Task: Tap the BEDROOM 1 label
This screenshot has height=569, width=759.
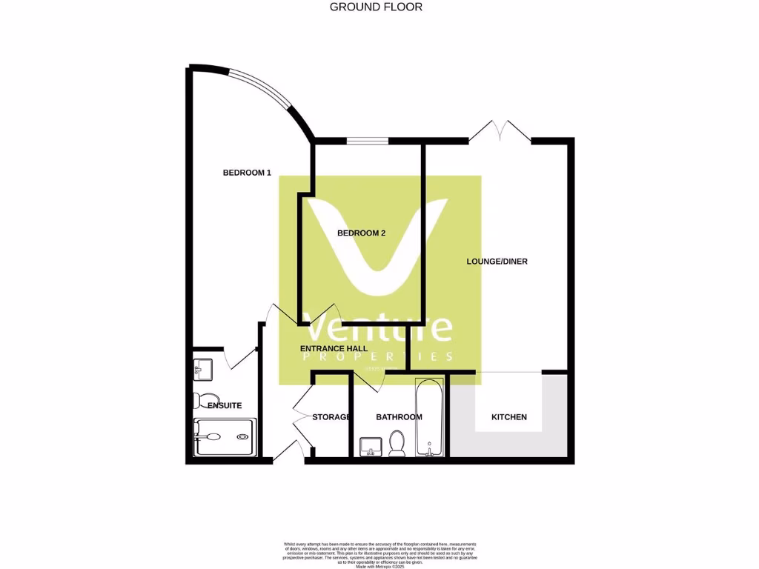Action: coord(247,173)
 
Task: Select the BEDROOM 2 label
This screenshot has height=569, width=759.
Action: coord(361,233)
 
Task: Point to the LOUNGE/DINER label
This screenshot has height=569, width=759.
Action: coord(497,262)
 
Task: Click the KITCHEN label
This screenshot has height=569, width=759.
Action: coord(509,417)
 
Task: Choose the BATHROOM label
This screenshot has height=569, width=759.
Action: coord(399,417)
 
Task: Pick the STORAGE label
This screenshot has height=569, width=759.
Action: coord(331,417)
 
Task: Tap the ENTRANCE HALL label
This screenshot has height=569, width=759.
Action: coord(332,348)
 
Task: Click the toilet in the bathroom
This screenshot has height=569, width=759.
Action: coord(397,445)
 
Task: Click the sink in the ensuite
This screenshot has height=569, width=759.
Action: coord(202,367)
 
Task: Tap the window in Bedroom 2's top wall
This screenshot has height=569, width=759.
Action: coord(367,141)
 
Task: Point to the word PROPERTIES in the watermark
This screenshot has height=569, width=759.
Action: coord(379,356)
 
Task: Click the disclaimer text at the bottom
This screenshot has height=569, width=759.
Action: coord(379,554)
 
